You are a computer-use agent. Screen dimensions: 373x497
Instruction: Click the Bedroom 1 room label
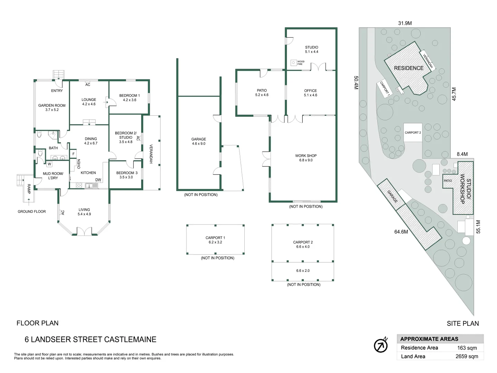point(129,98)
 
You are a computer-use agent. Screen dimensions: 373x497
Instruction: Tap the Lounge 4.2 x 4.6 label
point(89,102)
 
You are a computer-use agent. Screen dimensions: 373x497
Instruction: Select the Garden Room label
point(52,107)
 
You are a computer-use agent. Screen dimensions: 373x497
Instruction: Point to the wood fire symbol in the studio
point(293,63)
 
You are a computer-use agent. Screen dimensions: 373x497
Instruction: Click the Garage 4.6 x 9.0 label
point(198,141)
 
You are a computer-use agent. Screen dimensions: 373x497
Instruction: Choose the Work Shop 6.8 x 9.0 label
point(306,158)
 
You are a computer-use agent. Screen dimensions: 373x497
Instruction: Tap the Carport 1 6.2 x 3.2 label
point(215,240)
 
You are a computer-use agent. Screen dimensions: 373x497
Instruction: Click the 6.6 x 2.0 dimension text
point(303,271)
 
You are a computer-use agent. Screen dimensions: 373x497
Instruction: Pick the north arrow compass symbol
point(381,345)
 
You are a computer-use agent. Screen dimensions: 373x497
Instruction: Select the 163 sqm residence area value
point(467,348)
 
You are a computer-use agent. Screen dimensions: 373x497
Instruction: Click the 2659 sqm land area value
point(467,356)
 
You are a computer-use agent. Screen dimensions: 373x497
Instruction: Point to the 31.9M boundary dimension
point(405,23)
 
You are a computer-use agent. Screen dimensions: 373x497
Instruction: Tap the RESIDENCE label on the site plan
point(409,68)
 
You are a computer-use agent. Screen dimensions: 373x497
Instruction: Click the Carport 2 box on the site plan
point(413,133)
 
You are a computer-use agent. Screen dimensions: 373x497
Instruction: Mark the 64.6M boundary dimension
point(401,232)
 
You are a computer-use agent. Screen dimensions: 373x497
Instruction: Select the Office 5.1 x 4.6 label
point(310,93)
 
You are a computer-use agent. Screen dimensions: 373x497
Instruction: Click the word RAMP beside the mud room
point(29,189)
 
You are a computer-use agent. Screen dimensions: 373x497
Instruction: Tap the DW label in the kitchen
point(98,180)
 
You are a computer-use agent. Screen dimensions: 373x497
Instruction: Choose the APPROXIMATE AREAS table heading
point(429,339)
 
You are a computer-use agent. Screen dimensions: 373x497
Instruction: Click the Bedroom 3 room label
point(127,175)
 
